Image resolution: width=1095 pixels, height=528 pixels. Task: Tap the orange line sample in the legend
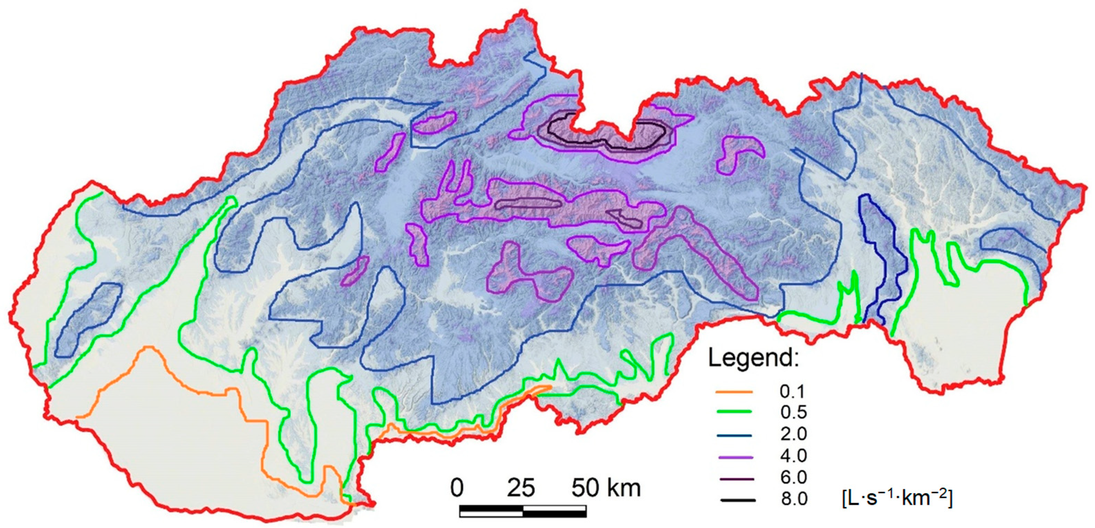tap(734, 391)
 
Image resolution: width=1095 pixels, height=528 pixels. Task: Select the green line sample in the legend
tap(734, 412)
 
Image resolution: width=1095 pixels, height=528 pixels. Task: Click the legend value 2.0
tap(794, 434)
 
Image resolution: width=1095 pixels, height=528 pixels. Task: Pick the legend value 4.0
tap(794, 456)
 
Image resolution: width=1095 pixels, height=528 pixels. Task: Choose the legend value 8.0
tap(794, 499)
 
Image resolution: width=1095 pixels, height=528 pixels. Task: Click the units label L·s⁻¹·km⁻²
tap(897, 498)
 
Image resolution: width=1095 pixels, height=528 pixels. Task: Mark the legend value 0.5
tap(794, 412)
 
